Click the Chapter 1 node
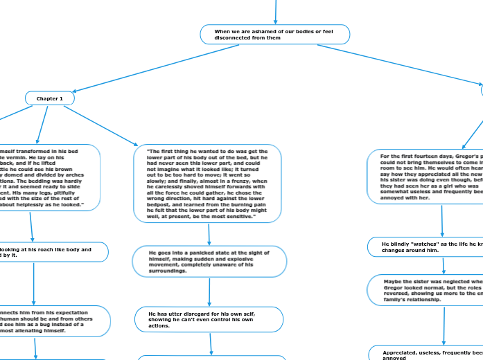pyautogui.click(x=49, y=99)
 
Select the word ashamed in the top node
pyautogui.click(x=258, y=31)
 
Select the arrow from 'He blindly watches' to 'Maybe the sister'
pyautogui.click(x=443, y=265)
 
